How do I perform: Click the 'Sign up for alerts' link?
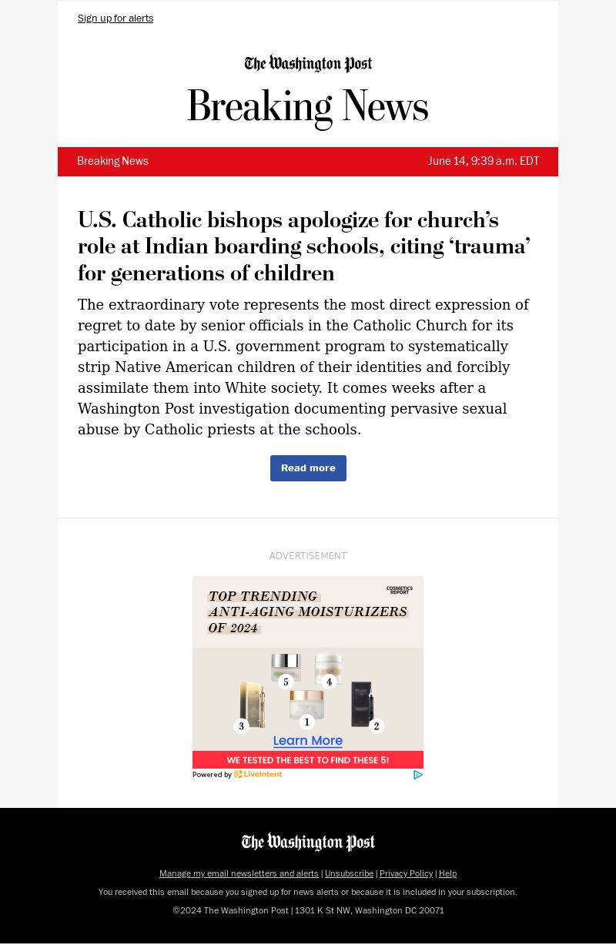(115, 18)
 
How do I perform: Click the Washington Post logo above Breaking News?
(308, 64)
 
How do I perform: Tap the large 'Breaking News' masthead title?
(307, 107)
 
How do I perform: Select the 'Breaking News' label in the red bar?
(112, 162)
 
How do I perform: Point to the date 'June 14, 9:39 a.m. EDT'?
(484, 162)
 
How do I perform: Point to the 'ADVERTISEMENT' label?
(308, 556)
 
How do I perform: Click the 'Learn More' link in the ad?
(308, 741)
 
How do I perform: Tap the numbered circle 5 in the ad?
(286, 682)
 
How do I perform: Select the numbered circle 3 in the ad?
(241, 726)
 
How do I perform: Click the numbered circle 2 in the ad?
(376, 726)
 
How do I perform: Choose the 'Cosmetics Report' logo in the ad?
(400, 590)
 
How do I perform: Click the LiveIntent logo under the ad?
(258, 775)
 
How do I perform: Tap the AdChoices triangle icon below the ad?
(417, 775)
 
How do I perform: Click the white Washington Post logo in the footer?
(308, 843)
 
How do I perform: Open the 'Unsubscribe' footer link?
(349, 874)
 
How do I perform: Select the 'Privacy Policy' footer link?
(406, 874)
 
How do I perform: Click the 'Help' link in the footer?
(447, 874)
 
